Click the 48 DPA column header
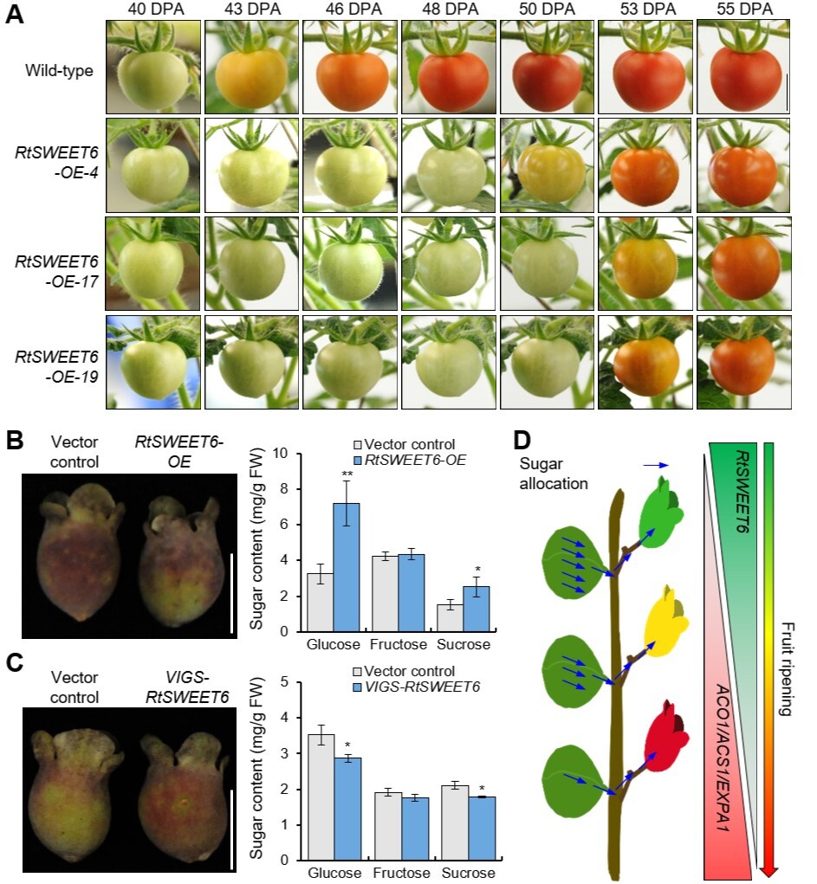448,10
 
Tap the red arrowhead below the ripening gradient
768,869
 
